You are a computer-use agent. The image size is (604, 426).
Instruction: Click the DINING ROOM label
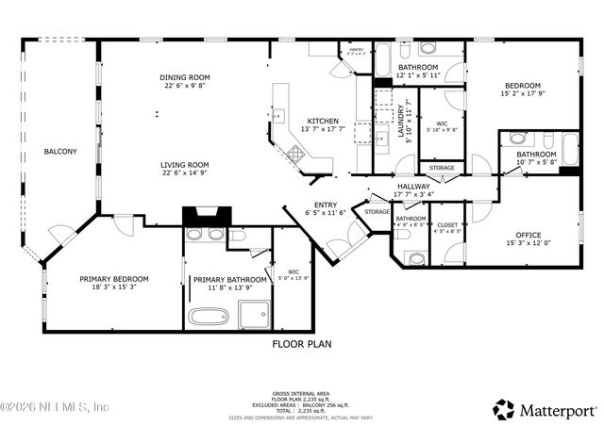click(x=184, y=77)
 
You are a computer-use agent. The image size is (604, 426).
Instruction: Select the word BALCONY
click(x=60, y=151)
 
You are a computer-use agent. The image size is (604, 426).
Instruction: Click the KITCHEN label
click(x=323, y=121)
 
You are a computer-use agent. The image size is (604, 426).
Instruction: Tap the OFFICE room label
click(x=528, y=235)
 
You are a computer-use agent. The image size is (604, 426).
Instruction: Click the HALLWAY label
click(x=412, y=187)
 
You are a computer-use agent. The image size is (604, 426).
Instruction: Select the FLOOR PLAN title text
click(x=302, y=345)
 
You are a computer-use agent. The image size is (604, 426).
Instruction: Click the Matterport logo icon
click(x=504, y=409)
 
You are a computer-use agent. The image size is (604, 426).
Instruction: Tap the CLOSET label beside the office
click(x=447, y=224)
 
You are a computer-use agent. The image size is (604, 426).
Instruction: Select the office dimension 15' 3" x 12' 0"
click(x=528, y=244)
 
